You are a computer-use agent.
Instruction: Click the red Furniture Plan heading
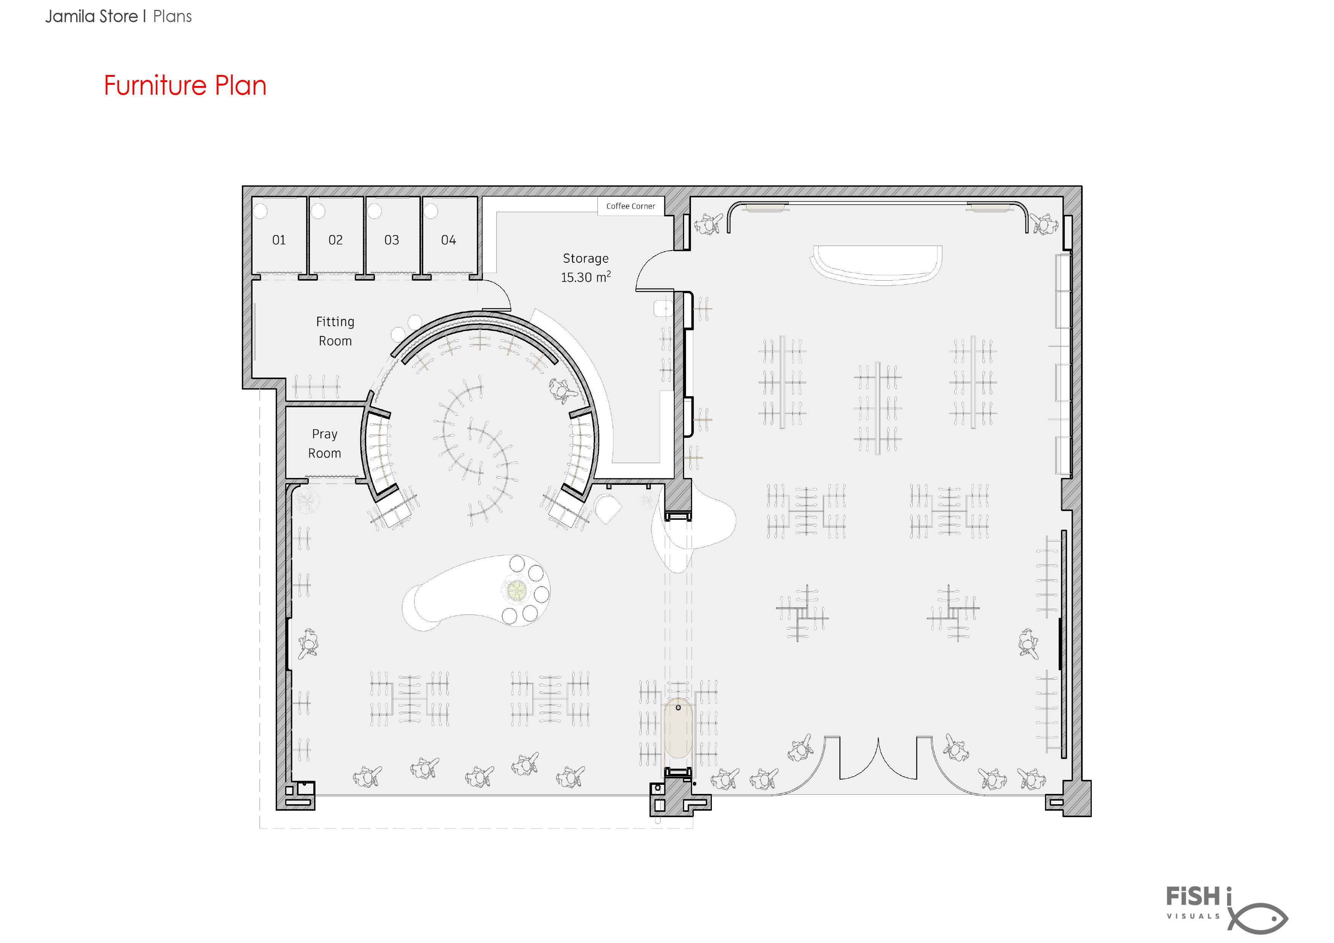tap(185, 86)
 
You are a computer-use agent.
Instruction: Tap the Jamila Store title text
tap(92, 16)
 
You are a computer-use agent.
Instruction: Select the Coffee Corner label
tap(630, 206)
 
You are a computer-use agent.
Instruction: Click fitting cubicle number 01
tap(279, 240)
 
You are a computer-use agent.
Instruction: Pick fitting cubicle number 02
tap(335, 240)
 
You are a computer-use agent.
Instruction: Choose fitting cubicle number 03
tap(392, 240)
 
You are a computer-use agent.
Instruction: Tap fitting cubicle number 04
tap(449, 240)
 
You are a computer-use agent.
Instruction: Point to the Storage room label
tap(586, 259)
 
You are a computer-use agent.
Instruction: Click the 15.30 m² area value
tap(586, 277)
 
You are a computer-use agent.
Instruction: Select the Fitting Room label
tap(335, 331)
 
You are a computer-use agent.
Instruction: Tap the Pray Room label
tap(325, 443)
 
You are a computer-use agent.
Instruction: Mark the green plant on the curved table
tap(516, 590)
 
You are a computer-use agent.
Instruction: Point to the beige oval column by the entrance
tap(678, 728)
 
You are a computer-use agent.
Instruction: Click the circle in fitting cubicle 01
tap(260, 210)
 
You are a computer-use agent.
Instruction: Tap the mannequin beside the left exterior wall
tap(308, 644)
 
